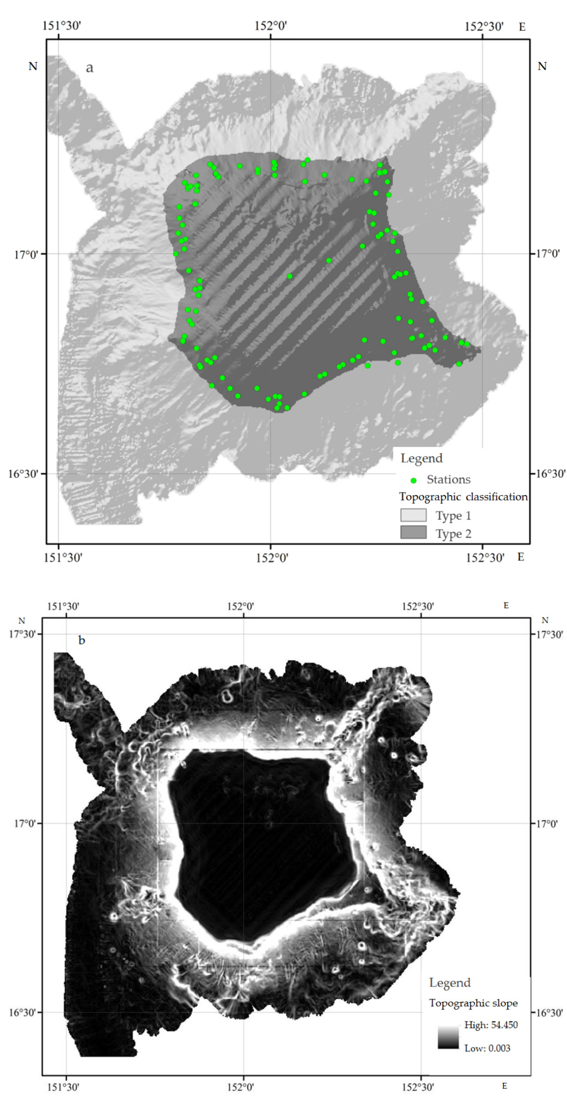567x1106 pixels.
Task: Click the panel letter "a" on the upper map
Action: [89, 68]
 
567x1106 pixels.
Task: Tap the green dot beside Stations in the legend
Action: [413, 480]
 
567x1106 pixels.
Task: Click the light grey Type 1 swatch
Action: [413, 515]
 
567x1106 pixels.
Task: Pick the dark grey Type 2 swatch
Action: [413, 532]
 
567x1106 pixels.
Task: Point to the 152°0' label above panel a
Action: [271, 26]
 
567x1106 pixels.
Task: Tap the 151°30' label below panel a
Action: [63, 558]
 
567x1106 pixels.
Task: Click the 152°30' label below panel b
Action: [417, 1087]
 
